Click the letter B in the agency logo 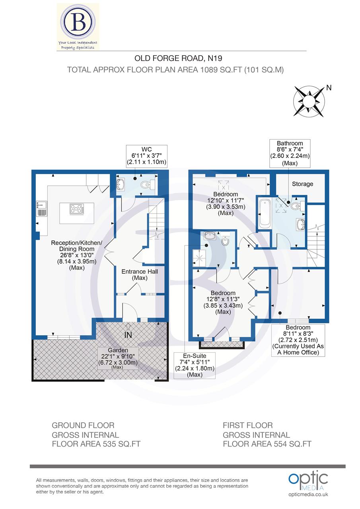[78, 23]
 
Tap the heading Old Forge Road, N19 [175, 58]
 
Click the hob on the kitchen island [77, 209]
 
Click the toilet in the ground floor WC [148, 184]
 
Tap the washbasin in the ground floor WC [121, 185]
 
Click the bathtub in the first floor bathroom [265, 215]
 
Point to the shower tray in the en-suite [197, 258]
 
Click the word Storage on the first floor [302, 184]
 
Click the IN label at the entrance [128, 335]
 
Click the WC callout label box [146, 155]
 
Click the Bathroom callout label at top [290, 153]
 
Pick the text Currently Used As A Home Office [298, 349]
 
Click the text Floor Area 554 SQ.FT [267, 444]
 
